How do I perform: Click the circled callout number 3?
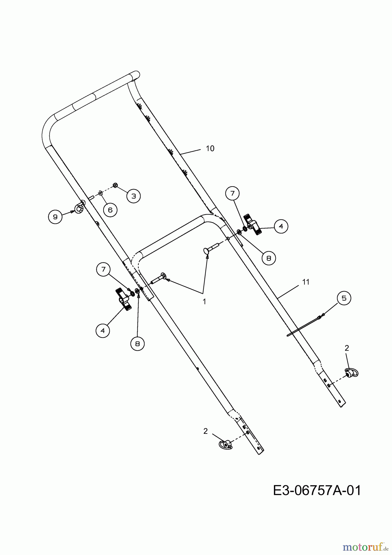click(133, 196)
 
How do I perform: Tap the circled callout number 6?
click(110, 210)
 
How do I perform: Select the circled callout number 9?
click(55, 217)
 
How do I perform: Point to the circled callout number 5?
click(344, 298)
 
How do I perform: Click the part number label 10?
click(210, 149)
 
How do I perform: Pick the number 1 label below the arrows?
click(204, 301)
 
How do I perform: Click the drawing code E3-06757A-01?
click(317, 490)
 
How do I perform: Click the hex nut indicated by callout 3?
click(114, 185)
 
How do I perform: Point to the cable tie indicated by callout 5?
click(305, 326)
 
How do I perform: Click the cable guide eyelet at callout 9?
click(79, 209)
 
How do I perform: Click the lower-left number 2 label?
click(206, 431)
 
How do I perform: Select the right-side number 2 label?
click(347, 348)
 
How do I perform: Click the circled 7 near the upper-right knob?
click(232, 193)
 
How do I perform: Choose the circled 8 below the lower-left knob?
click(137, 343)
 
